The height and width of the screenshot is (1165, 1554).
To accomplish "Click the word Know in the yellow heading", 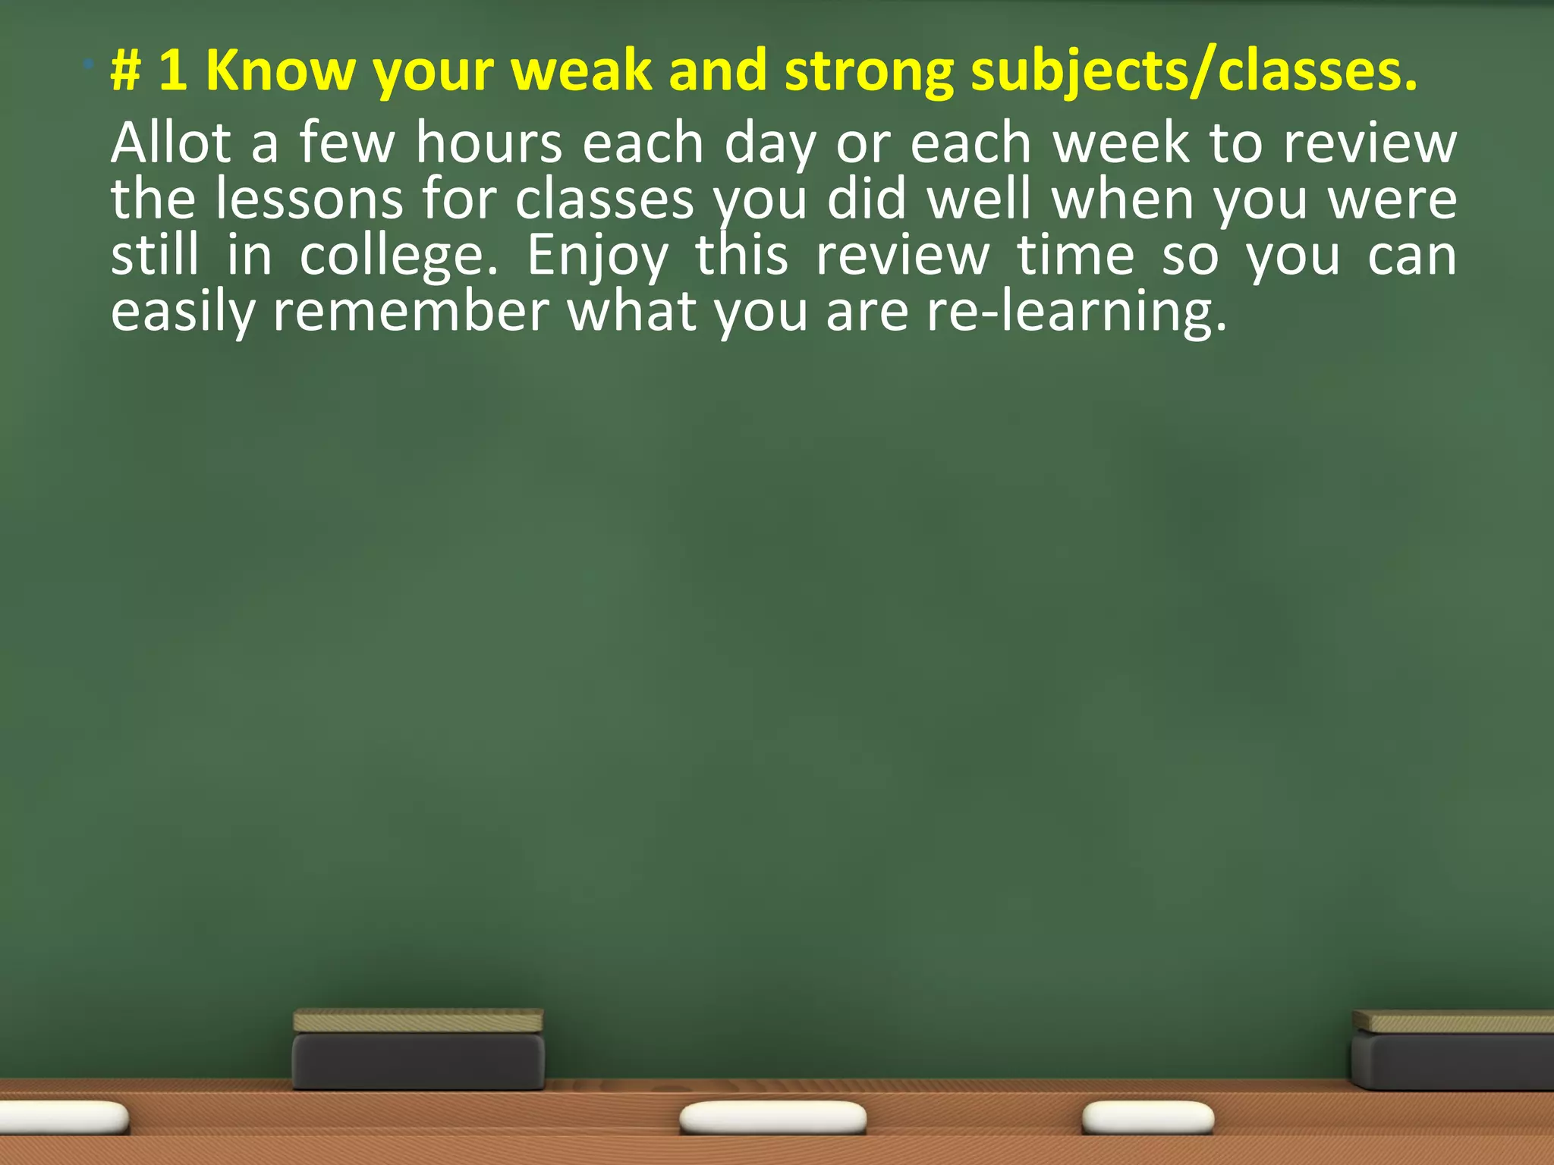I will pyautogui.click(x=280, y=71).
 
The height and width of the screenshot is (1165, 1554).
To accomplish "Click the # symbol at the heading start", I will pyautogui.click(x=126, y=71).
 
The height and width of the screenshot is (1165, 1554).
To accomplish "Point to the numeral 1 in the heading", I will pyautogui.click(x=172, y=71).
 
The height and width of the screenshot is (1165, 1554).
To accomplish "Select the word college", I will pyautogui.click(x=398, y=256).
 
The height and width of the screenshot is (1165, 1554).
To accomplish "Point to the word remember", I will pyautogui.click(x=411, y=312).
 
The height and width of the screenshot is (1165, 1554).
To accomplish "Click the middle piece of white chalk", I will pyautogui.click(x=772, y=1118).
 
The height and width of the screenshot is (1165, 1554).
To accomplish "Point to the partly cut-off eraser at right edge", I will pyautogui.click(x=1452, y=1050).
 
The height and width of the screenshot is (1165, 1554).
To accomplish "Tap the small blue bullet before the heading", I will pyautogui.click(x=90, y=64).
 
